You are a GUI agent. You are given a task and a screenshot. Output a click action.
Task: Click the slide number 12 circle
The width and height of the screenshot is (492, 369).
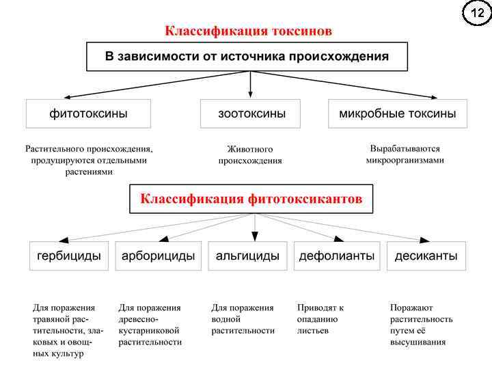pos(477,14)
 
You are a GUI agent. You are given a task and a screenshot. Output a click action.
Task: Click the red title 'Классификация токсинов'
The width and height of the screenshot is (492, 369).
pos(249,31)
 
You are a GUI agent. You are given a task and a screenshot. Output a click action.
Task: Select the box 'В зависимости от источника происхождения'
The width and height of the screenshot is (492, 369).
pos(247,57)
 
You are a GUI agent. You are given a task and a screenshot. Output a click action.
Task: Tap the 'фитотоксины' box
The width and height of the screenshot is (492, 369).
pos(88,113)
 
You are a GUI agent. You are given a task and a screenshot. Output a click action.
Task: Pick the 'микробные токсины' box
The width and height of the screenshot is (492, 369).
pos(398,113)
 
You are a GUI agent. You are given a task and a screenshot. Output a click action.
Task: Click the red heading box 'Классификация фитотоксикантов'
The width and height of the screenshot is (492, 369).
pos(251,200)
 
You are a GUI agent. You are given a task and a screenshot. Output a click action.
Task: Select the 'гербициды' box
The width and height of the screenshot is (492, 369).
pos(68,256)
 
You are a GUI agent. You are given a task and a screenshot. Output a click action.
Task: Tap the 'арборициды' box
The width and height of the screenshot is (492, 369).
pos(158,256)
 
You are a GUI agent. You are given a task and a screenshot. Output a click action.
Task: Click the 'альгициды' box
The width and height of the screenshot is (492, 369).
pos(247,256)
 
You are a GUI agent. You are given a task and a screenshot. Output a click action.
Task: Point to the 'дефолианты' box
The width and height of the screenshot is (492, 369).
pos(337,256)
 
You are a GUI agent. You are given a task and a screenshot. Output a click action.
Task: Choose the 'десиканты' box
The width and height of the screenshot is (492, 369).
pos(426,256)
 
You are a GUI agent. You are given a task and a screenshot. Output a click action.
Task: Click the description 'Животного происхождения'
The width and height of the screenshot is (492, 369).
pos(250,154)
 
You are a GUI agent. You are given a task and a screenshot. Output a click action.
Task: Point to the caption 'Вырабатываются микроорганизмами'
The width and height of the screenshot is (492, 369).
pos(405,154)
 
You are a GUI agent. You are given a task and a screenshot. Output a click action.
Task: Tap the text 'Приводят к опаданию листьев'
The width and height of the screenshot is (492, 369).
pos(320,319)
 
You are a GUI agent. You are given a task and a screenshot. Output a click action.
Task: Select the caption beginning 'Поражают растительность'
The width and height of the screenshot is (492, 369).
pos(421,325)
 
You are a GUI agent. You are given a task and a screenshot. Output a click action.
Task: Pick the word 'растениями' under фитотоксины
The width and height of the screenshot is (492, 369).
pos(88,172)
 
